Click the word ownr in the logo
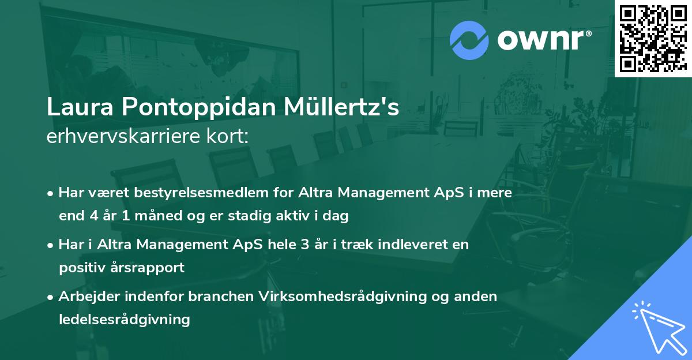tap(541, 40)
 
